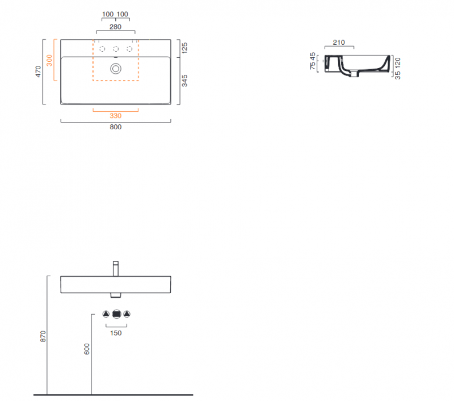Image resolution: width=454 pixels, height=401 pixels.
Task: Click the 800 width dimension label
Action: [116, 127]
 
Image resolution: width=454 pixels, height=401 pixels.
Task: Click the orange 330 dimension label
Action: [116, 116]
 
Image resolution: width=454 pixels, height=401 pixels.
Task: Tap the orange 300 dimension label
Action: [49, 61]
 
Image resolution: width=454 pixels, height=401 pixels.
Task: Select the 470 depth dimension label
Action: [38, 71]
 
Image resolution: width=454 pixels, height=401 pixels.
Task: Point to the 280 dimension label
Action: [116, 27]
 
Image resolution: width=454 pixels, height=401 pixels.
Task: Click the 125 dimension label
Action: [184, 48]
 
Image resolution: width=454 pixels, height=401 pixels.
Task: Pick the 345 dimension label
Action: [184, 81]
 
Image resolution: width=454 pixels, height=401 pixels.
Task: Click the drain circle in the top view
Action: [116, 69]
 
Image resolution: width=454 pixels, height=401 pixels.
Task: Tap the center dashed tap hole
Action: [116, 49]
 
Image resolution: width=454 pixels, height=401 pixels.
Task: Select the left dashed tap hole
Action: [102, 49]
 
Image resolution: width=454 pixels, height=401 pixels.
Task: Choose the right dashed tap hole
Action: [129, 49]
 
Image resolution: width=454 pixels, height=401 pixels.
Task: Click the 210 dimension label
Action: [339, 43]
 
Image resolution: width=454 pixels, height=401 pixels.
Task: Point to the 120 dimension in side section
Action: [398, 63]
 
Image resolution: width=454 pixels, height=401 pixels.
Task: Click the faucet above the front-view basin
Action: [116, 269]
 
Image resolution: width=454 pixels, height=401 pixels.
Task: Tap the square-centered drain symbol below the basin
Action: [116, 314]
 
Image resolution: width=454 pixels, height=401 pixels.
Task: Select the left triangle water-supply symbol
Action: [106, 314]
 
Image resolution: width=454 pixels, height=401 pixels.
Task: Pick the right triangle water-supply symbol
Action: [127, 314]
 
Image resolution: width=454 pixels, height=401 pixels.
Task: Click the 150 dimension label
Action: [116, 333]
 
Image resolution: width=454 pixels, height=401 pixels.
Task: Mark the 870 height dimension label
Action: [43, 336]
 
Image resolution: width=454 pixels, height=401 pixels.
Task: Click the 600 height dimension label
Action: [87, 349]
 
